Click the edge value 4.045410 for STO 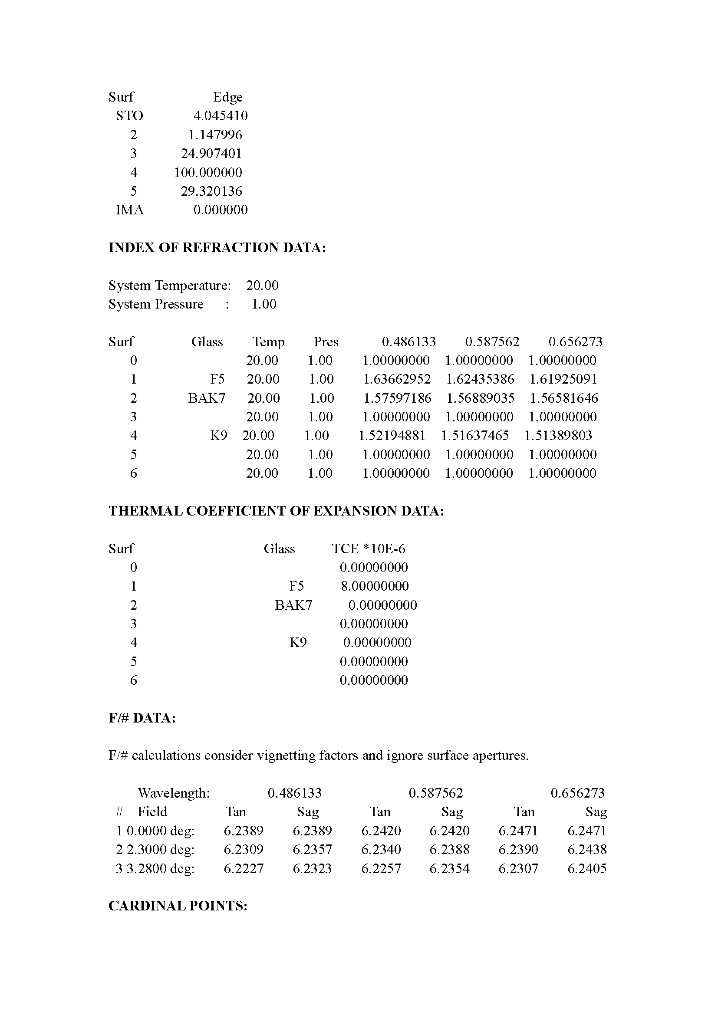(221, 116)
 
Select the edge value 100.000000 (208, 172)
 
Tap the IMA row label (130, 210)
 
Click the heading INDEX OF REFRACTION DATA (217, 247)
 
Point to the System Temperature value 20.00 (262, 286)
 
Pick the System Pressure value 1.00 (264, 304)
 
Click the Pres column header (326, 342)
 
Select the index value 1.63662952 (397, 379)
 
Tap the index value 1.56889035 (480, 398)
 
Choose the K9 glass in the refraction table (218, 436)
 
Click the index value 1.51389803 (558, 436)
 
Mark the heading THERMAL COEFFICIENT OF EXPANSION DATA (277, 511)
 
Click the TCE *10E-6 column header (368, 549)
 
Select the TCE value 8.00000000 (375, 587)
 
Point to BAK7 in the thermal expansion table (293, 605)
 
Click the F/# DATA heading (142, 718)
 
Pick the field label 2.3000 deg (161, 850)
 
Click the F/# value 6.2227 (243, 869)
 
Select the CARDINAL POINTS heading (178, 906)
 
